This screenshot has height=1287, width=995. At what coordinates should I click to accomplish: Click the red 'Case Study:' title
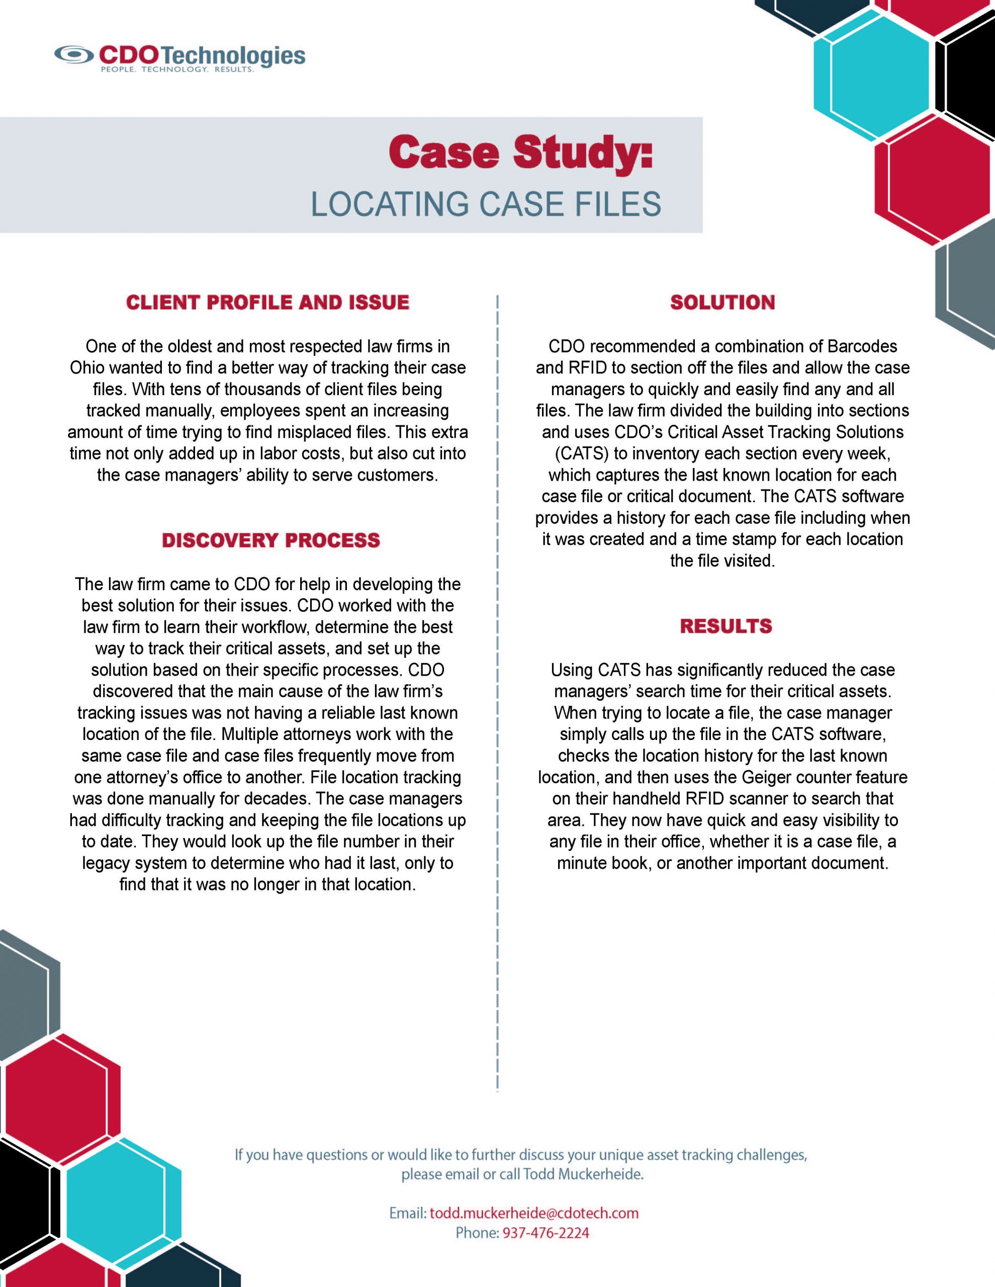coord(520,152)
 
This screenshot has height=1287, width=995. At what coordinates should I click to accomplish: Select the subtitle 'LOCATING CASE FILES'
coord(486,204)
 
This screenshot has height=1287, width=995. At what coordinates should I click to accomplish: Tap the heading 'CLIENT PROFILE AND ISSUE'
coord(267,302)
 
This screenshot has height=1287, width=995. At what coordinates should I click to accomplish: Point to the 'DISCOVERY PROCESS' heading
coord(270,540)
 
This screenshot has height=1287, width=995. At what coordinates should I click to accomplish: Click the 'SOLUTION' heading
coord(722,302)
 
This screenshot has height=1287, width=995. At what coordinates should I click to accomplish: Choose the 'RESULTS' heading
coord(726,626)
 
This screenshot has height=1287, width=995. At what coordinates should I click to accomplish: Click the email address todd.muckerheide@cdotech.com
coord(534,1213)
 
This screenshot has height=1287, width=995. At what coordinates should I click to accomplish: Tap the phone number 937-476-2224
coord(545,1233)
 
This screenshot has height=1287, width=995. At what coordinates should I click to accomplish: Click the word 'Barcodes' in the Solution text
coord(862,346)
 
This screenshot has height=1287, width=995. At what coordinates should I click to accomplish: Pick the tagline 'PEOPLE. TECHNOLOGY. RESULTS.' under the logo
coord(177,69)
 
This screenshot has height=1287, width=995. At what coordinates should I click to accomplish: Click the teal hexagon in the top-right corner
coord(872,72)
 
